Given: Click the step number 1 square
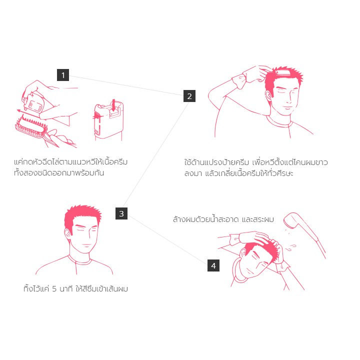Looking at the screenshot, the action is coord(63,75).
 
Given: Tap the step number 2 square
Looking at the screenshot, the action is coord(189,96).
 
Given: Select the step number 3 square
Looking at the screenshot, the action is coord(121,213).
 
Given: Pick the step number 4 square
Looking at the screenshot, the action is coord(213,265).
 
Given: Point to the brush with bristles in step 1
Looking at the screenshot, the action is coord(31,127).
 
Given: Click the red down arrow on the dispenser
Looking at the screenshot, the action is coord(113,105).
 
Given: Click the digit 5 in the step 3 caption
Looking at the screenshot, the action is coord(54,288).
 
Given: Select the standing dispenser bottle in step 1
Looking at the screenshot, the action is coord(108,120).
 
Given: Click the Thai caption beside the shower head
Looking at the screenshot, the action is coord(223,219).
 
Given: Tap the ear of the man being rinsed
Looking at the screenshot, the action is coord(244,252).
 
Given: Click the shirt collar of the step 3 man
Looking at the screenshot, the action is coord(79,260).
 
